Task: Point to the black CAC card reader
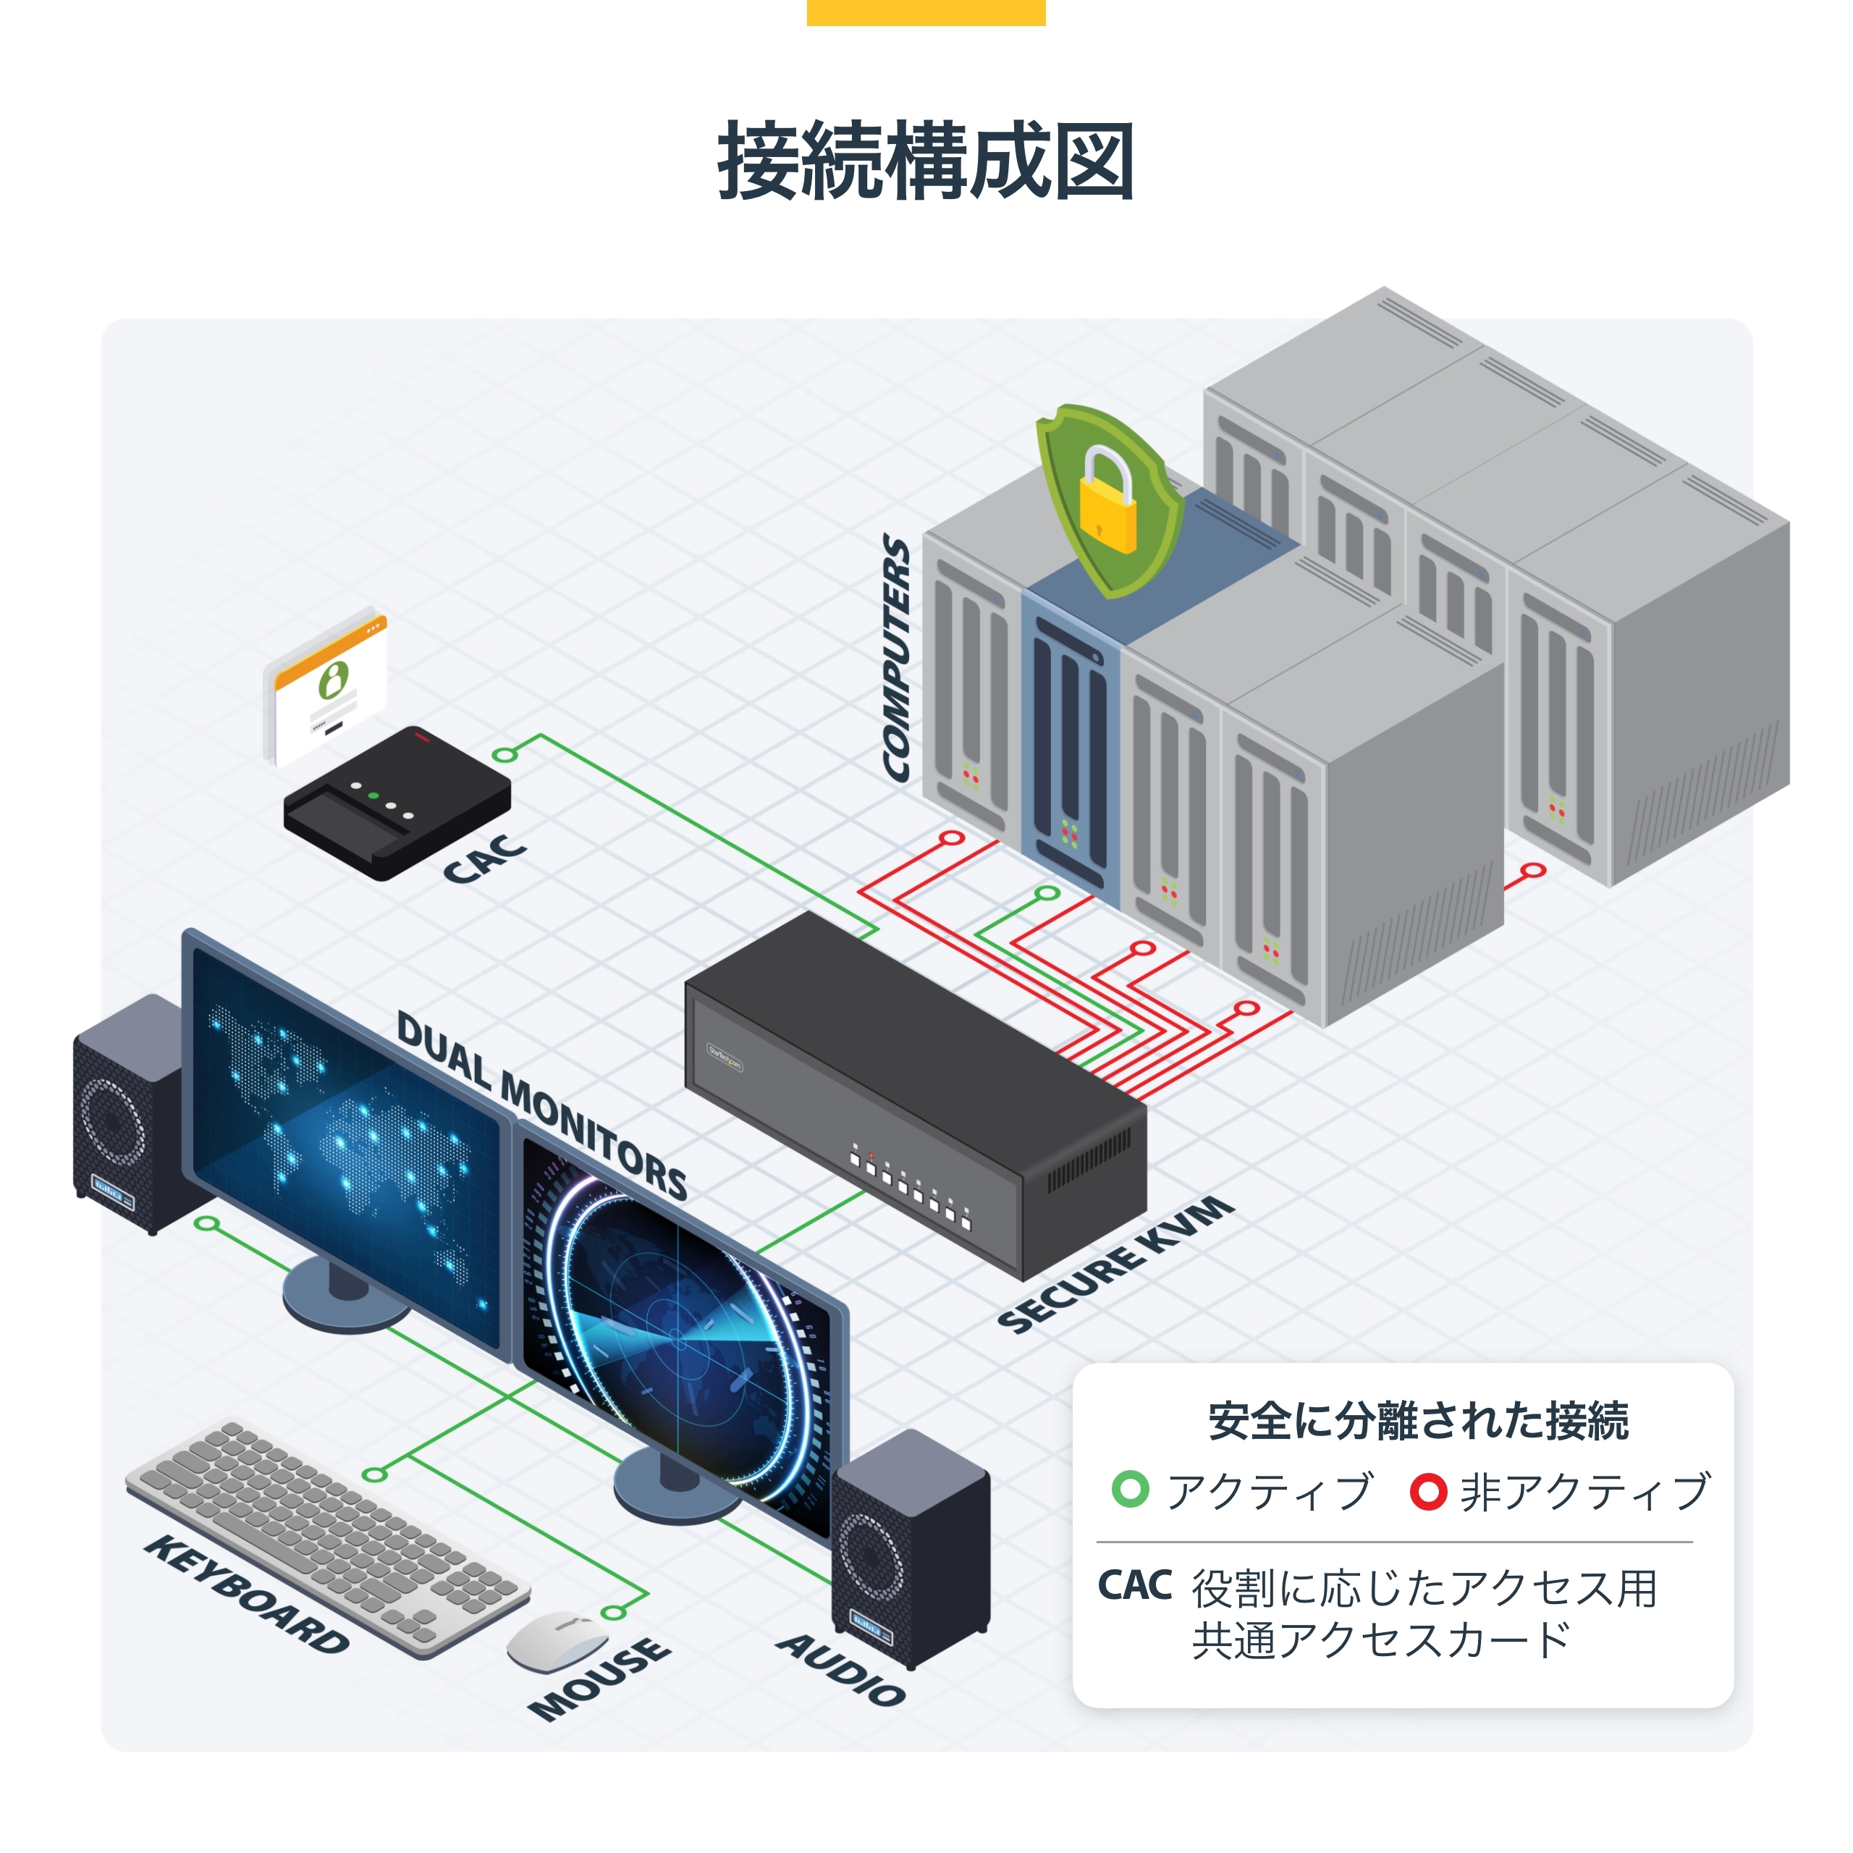[x=397, y=803]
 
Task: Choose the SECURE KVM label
[x=1115, y=1264]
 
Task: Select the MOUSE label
[x=599, y=1679]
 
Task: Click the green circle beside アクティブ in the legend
[x=1130, y=1488]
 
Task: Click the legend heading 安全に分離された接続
[x=1417, y=1420]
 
